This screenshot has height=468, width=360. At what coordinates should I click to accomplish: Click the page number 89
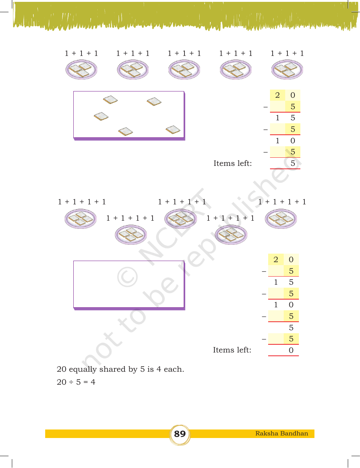pos(180,434)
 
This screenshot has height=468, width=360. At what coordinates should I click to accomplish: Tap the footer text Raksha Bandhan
pos(281,433)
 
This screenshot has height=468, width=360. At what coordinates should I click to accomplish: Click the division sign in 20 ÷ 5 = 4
pos(71,382)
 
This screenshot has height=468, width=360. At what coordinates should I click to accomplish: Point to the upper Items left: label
pos(233,163)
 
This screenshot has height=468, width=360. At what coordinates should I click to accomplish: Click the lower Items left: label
pos(232,350)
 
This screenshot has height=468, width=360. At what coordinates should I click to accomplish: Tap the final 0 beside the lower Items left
pos(291,350)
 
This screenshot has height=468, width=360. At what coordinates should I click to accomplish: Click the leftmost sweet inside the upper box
pos(101,116)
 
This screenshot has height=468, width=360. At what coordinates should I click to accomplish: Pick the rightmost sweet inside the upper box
pos(173,130)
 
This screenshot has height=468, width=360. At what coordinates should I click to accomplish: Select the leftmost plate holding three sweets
pos(81,70)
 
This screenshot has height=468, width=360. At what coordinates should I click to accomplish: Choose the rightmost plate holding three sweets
pos(287,70)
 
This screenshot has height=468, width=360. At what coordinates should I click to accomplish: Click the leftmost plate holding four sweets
pos(81,218)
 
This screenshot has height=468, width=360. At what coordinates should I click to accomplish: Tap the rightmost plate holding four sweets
pos(281,218)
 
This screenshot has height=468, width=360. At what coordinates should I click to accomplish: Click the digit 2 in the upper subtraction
pos(277,95)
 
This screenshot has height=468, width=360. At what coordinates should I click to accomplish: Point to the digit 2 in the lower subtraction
pos(276,260)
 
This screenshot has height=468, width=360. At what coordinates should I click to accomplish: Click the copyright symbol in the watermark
pos(127,277)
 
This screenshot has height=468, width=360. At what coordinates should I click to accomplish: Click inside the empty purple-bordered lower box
pos(129,284)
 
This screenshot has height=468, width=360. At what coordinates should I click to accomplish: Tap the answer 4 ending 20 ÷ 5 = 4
pos(93,382)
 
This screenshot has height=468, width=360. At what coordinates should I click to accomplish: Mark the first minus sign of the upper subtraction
pos(266,107)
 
